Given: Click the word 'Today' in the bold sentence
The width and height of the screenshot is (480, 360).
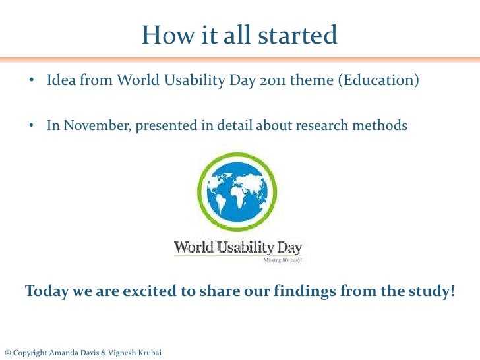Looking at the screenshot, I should coord(44,291).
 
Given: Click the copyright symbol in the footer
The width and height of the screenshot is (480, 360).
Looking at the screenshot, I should coord(7,353).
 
